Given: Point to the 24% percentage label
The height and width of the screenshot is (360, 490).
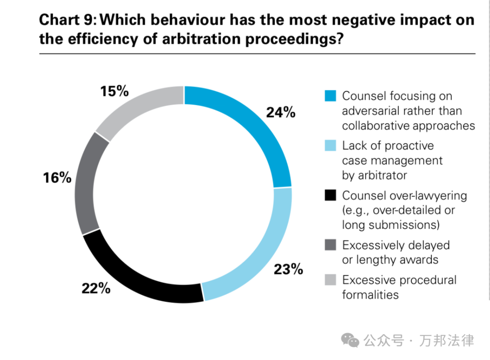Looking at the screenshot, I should click(280, 112).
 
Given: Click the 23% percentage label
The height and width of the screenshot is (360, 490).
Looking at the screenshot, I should click(288, 269).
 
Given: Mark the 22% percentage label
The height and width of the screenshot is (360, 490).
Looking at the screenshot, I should click(96, 288).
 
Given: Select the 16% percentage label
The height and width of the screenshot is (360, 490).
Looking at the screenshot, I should click(57, 178).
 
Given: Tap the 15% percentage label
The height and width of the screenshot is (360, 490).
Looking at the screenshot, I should click(114, 91).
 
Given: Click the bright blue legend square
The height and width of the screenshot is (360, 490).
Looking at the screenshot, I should click(330, 96).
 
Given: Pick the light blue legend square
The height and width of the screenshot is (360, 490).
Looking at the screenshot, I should click(330, 146).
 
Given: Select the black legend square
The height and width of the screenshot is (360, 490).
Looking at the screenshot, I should click(330, 196).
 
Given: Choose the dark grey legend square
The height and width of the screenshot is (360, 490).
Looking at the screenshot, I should click(330, 245).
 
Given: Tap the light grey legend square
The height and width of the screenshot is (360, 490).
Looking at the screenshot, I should click(330, 280).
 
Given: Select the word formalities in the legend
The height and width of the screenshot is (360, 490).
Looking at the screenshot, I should click(370, 295).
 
